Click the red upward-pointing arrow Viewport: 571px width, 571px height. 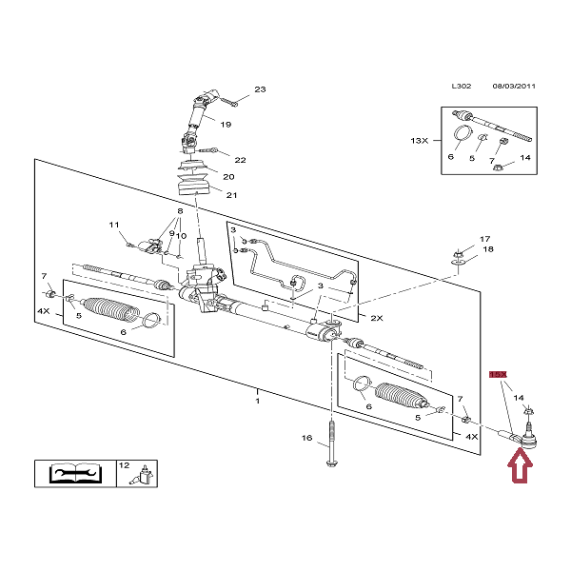tap(520, 467)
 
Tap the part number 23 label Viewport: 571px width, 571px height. tap(260, 91)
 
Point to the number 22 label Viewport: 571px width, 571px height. tap(240, 160)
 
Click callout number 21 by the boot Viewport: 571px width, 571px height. tap(230, 195)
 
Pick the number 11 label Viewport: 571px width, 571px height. tap(113, 226)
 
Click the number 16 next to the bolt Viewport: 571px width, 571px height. tap(306, 438)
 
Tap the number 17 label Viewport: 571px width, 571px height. tap(483, 239)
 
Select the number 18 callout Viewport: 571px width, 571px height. tap(488, 249)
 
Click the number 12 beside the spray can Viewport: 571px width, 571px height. tap(123, 465)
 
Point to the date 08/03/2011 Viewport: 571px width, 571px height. tap(514, 86)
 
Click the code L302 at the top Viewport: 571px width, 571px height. tap(461, 86)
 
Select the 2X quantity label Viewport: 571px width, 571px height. tap(375, 317)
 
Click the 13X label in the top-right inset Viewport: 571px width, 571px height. tap(420, 140)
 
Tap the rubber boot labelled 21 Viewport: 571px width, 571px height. tap(195, 181)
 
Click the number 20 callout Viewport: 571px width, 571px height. tap(228, 177)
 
